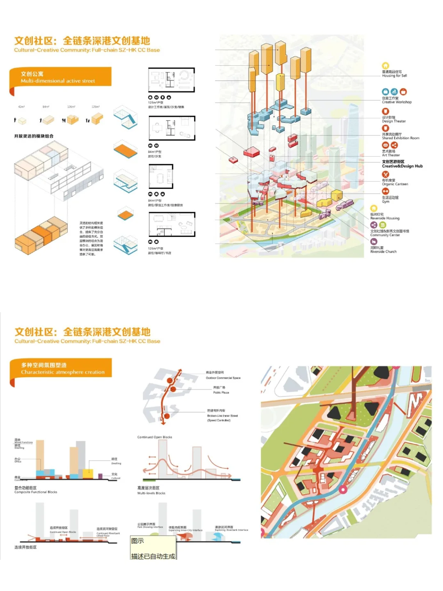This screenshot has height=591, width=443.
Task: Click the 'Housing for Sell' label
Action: click(394, 76)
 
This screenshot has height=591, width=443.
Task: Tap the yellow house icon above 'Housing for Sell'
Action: click(385, 66)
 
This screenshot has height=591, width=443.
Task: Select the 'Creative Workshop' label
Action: click(397, 102)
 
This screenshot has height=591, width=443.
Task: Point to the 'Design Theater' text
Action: click(394, 121)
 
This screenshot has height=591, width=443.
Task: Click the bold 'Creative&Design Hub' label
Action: click(402, 166)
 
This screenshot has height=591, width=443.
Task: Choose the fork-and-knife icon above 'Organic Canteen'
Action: click(385, 174)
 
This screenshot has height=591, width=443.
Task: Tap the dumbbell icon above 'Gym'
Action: click(385, 191)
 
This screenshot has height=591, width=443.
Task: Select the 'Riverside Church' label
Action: click(383, 252)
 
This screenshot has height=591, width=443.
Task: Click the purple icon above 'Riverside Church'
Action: click(374, 242)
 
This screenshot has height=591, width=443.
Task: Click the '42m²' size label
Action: click(21, 107)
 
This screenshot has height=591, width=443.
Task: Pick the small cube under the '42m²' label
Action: click(22, 121)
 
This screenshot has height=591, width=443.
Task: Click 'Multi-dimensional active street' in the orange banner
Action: click(58, 81)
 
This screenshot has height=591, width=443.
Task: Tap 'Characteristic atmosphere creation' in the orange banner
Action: click(63, 372)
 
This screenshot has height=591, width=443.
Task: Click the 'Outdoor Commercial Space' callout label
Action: click(223, 378)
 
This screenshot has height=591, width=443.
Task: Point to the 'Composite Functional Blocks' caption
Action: click(36, 492)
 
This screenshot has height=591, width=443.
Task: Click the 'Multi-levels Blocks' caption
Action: click(151, 493)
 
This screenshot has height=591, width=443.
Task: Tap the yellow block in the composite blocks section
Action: click(88, 474)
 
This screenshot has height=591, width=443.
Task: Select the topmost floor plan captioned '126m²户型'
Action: click(171, 80)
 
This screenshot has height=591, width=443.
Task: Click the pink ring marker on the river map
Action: click(343, 489)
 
